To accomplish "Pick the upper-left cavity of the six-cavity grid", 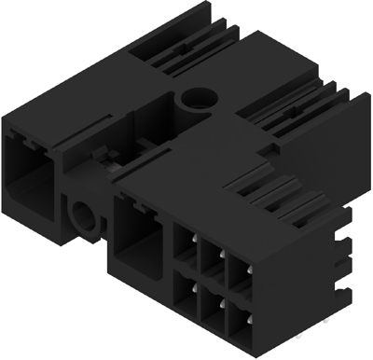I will click(x=186, y=253).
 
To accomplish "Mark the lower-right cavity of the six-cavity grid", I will click(x=240, y=321).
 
